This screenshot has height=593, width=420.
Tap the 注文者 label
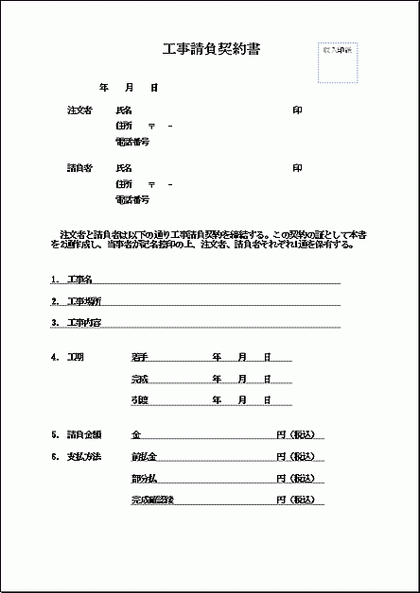point(79,110)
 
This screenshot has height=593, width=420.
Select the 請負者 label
point(79,168)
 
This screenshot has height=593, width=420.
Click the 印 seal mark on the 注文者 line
point(298,110)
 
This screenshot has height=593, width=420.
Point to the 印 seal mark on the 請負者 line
point(298,168)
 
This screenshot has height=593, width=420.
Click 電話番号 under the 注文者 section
point(132,142)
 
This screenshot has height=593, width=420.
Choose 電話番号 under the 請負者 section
point(132,200)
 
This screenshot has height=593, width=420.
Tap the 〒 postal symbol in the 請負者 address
point(151,184)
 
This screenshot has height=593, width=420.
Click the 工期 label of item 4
point(76,358)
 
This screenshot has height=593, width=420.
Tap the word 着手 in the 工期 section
point(140,358)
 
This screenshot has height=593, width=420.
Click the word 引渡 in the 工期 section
point(140,400)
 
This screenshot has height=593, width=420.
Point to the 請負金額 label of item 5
point(84,435)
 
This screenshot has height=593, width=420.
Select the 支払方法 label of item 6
point(84,457)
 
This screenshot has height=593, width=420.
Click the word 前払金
point(144,457)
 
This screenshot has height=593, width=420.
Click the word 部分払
point(144,478)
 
